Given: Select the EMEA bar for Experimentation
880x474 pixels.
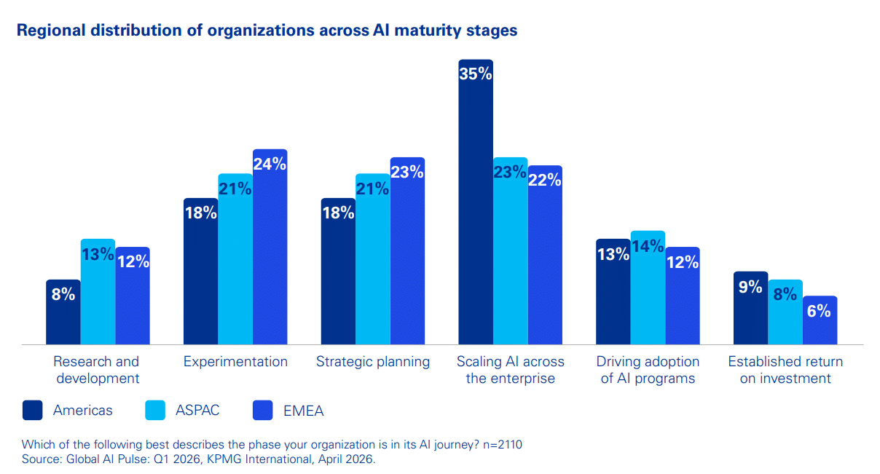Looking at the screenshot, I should click(x=270, y=255).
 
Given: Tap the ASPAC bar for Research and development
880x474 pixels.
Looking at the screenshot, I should click(x=98, y=299).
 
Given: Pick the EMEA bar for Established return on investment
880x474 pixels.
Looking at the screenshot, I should click(x=820, y=324).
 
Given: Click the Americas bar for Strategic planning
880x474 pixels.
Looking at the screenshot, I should click(x=338, y=277).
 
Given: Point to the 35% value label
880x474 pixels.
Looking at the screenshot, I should click(x=476, y=74).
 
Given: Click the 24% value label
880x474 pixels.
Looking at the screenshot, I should click(x=270, y=164).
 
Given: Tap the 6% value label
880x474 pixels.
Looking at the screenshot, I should click(x=820, y=311).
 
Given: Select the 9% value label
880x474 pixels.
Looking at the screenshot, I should click(x=750, y=287).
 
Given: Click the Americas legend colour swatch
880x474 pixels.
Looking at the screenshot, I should click(x=33, y=411).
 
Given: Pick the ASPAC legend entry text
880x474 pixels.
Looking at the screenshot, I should click(x=197, y=411).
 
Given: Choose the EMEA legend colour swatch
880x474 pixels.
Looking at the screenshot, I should click(x=263, y=411).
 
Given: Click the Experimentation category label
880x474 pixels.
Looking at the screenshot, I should click(x=235, y=362).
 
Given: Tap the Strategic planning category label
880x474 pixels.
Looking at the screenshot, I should click(x=373, y=362).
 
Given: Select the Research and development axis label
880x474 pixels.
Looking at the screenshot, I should click(x=96, y=370).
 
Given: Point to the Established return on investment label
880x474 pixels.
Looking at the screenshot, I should click(x=785, y=370).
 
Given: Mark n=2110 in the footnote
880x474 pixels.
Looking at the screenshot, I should click(x=502, y=444).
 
